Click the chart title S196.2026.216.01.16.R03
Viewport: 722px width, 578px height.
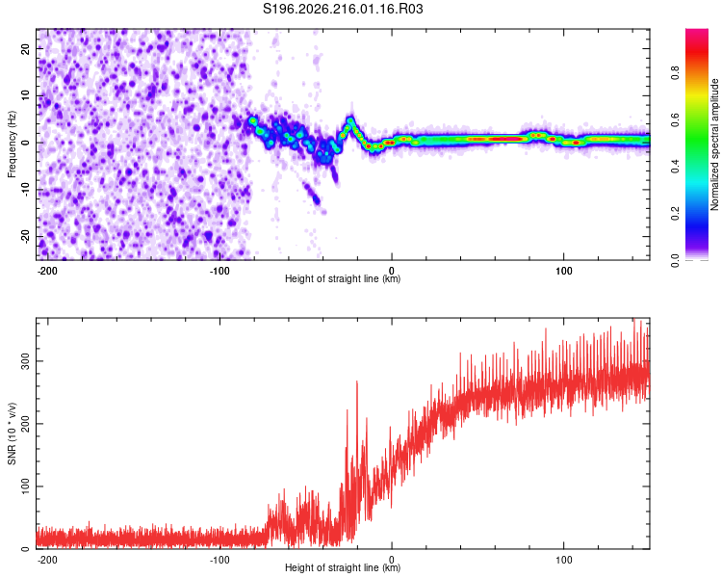343,9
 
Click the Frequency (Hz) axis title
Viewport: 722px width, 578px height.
12,144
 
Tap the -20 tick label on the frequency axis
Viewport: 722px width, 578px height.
25,237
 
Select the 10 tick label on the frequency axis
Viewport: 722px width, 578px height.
25,95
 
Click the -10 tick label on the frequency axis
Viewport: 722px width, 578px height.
25,190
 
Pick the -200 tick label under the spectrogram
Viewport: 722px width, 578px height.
47,271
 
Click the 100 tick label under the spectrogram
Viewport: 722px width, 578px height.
563,271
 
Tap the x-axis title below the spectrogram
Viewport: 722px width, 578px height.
343,278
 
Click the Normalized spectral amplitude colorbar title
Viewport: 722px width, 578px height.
714,144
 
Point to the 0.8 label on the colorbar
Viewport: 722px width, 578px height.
675,73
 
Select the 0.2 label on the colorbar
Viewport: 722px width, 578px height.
675,214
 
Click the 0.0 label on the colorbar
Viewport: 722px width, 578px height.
675,260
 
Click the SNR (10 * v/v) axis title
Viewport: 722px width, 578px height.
12,433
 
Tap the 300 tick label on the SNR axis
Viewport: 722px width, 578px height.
25,361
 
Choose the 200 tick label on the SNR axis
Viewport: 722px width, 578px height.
25,424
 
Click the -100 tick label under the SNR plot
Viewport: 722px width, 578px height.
219,560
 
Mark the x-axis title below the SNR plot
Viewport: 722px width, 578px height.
343,567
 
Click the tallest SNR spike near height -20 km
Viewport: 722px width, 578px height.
357,382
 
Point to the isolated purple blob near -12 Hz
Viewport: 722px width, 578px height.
316,199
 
